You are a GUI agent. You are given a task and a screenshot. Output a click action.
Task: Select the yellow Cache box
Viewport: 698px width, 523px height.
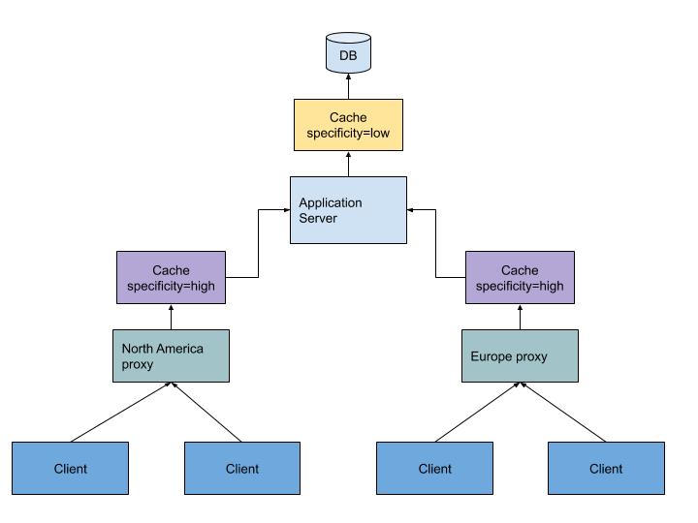tap(347, 125)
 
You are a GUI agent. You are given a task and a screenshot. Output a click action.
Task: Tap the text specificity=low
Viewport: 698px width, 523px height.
tap(347, 134)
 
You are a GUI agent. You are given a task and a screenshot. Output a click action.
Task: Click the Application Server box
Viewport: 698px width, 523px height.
tap(347, 210)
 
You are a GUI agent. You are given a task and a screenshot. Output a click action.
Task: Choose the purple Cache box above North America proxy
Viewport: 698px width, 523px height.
tap(171, 278)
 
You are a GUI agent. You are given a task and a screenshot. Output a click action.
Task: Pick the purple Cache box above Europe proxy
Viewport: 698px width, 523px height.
tap(520, 278)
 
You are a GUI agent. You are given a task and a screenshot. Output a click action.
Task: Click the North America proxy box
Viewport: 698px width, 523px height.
tap(171, 355)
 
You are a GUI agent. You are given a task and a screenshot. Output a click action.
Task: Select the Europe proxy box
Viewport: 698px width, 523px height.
tap(520, 355)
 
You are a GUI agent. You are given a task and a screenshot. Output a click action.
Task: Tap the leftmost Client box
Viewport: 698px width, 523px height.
tap(70, 468)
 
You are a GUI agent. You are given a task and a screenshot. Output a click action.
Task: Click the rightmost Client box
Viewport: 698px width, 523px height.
tap(606, 468)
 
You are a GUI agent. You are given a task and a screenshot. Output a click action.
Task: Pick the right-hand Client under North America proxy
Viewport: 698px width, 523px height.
tap(242, 468)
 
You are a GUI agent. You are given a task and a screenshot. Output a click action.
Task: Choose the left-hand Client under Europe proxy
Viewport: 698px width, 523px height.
tap(434, 468)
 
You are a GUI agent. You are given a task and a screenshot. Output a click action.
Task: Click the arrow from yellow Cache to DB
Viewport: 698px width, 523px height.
tap(347, 86)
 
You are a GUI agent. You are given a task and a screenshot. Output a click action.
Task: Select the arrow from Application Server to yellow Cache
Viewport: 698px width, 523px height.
tap(347, 164)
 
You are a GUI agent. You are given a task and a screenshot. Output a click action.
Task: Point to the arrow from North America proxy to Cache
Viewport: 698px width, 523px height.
tap(171, 317)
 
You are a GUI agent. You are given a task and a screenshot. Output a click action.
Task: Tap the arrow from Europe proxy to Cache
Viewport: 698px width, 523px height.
tap(520, 317)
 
